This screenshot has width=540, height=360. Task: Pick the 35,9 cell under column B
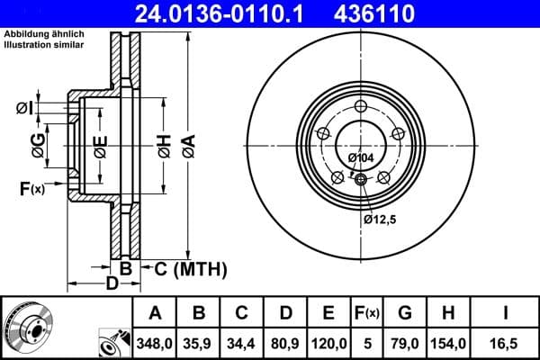point(200,343)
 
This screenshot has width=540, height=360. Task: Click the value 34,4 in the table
point(242,343)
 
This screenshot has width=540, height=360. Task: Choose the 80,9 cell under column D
point(285,343)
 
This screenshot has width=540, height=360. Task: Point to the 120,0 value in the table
point(328,343)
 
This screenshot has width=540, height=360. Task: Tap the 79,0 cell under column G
point(405,343)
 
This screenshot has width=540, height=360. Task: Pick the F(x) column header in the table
point(366,314)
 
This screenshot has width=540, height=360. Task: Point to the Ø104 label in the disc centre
point(361,158)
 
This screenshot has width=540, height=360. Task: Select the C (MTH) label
point(185,269)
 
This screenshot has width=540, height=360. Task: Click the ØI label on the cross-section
point(23,109)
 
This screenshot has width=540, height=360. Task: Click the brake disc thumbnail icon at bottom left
point(28,328)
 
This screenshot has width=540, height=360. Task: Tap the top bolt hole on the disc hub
point(362,108)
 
